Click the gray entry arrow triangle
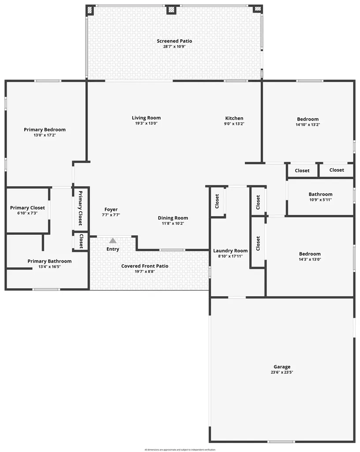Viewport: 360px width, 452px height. pos(113,241)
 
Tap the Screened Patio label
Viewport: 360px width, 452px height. pos(174,41)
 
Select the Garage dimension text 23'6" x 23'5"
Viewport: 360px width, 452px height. pos(282,372)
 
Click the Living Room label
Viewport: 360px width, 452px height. pos(146,118)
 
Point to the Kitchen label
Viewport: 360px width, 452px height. pos(234,118)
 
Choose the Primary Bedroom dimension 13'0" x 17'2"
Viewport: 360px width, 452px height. pos(45,135)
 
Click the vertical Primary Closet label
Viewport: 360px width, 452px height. pos(80,208)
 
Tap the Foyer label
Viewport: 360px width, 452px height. pos(111,210)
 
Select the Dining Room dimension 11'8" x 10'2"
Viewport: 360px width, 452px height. pos(173,223)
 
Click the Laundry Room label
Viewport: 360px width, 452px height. pos(230,251)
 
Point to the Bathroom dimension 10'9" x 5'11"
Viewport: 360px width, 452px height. pos(320,200)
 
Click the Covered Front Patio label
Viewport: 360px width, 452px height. pos(145,266)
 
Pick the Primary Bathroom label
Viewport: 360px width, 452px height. pos(49,261)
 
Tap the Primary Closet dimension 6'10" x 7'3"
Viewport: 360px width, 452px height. pos(27,213)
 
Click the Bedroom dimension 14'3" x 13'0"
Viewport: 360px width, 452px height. pos(310,259)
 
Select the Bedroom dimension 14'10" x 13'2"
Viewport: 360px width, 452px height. pos(307,124)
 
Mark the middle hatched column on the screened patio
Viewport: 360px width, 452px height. pos(171,9)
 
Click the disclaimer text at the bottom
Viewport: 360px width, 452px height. pos(180,449)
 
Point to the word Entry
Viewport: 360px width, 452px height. pos(113,249)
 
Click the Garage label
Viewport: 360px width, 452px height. pos(282,367)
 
